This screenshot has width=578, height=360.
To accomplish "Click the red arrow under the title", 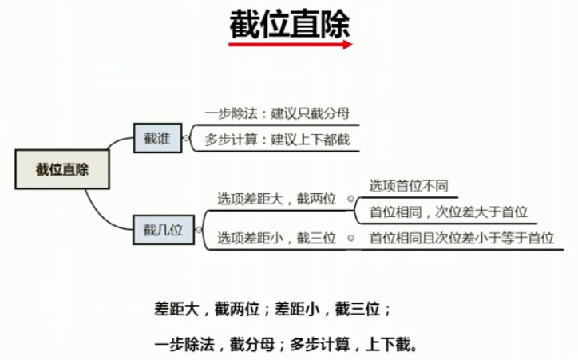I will point(290,45).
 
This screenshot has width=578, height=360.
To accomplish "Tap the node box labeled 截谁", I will point(157,137).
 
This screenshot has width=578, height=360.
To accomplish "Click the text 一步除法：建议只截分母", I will point(277,113).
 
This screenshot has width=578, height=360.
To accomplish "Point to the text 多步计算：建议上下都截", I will point(277,140).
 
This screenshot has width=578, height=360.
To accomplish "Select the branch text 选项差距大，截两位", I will point(276,199).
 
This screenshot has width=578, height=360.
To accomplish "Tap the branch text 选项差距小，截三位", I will point(276,237).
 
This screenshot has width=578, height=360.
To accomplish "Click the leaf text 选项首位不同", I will point(408,185).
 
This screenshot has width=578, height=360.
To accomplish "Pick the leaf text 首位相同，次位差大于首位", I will point(448,212).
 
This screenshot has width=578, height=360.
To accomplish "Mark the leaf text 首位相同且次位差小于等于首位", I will point(461,237).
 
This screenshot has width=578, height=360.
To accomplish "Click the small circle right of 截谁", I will point(186,138).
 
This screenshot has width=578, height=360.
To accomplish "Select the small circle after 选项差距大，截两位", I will point(350,199).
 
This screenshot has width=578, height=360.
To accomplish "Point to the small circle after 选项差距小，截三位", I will point(350,237).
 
